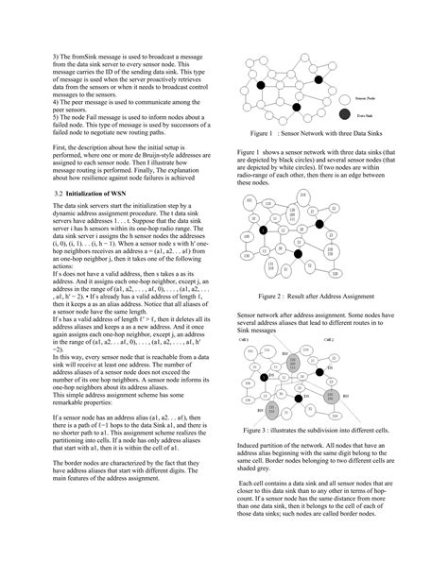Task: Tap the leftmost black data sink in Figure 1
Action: (x=253, y=85)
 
